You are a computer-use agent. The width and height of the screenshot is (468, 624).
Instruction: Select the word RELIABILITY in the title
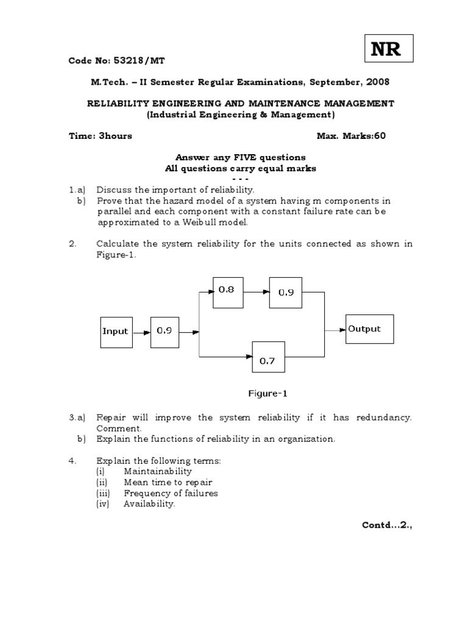pyautogui.click(x=116, y=104)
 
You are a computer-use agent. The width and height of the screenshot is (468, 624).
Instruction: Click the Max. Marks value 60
pyautogui.click(x=380, y=136)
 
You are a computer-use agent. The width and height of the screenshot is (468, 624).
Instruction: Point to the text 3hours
pyautogui.click(x=115, y=136)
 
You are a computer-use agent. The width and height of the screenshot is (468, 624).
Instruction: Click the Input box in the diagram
pyautogui.click(x=116, y=331)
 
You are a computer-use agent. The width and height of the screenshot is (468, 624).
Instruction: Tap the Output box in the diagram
pyautogui.click(x=369, y=330)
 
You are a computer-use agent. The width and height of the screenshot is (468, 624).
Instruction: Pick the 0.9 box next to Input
pyautogui.click(x=165, y=331)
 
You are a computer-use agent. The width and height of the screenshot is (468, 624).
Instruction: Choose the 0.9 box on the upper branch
pyautogui.click(x=286, y=292)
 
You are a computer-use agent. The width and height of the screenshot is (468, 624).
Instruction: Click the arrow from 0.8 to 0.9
pyautogui.click(x=257, y=291)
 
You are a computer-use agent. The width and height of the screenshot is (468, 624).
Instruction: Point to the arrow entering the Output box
pyautogui.click(x=335, y=330)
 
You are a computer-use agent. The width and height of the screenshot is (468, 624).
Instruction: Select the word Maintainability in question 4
pyautogui.click(x=157, y=471)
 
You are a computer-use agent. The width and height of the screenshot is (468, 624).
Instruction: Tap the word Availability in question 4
pyautogui.click(x=149, y=504)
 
